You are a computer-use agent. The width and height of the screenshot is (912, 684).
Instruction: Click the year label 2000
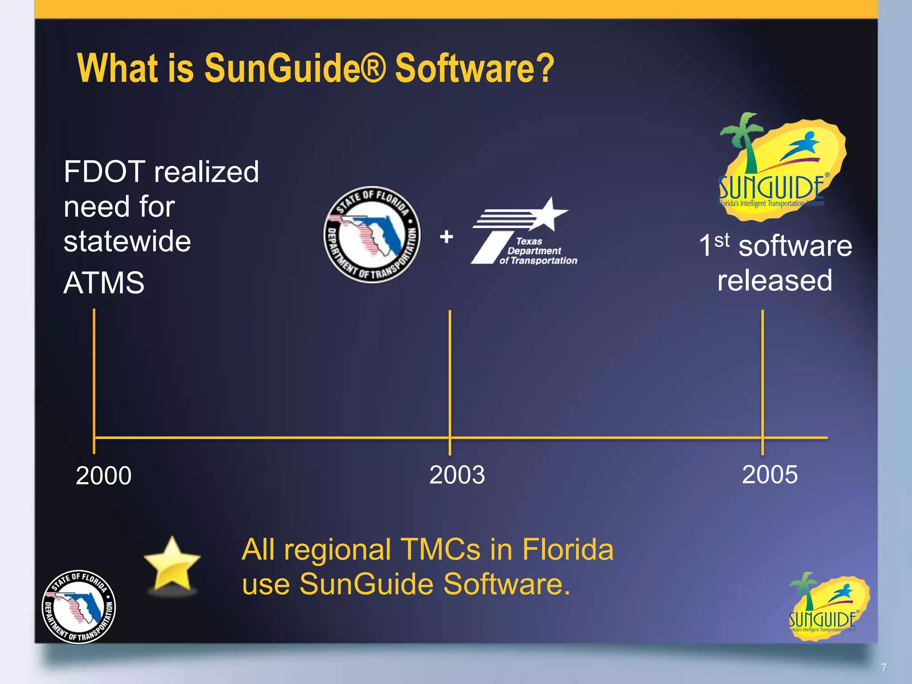point(104,475)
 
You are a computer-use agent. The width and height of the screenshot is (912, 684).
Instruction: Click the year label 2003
point(457,474)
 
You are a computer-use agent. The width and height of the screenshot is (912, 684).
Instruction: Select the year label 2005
point(769,474)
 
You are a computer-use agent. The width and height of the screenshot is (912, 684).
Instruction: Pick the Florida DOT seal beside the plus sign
point(372,235)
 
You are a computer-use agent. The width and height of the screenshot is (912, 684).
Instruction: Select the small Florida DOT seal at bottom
point(79,607)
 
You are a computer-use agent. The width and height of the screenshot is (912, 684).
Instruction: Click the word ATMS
point(104,283)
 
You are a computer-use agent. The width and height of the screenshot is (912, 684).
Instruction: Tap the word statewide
point(127,241)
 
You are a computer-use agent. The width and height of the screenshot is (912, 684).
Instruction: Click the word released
point(774,280)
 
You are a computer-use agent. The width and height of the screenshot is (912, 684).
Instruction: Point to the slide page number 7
point(883,667)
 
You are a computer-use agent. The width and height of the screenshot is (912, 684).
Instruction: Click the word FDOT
point(104,172)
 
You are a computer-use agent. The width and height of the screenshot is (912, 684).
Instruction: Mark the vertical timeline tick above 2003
point(450,374)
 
